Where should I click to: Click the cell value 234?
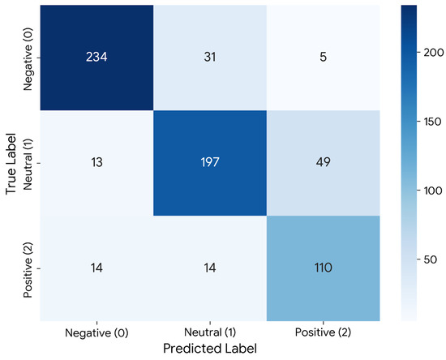(96, 57)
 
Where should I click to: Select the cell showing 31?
(210, 57)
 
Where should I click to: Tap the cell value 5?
(323, 57)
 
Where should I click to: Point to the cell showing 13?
(96, 162)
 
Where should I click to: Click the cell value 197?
(210, 162)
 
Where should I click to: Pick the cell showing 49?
(323, 162)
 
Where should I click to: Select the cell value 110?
(323, 268)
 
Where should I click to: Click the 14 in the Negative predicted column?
(96, 268)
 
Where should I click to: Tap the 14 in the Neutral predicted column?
(210, 268)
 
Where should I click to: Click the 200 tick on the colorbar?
(434, 53)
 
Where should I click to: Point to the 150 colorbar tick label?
(433, 122)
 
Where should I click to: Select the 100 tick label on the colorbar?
(433, 191)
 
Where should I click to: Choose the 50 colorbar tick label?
(430, 259)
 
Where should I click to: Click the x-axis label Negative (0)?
(96, 332)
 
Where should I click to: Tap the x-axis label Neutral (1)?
(210, 332)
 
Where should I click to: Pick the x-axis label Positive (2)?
(323, 332)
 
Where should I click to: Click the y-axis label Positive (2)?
(28, 269)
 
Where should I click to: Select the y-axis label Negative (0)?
(28, 59)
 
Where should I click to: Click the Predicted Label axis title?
(210, 349)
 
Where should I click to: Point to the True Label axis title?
(11, 163)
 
